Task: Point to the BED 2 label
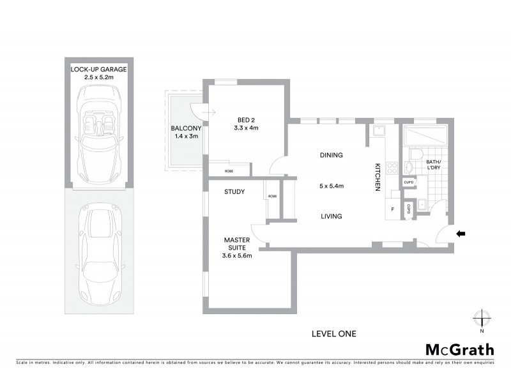(x=247, y=119)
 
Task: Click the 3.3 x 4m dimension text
(x=247, y=128)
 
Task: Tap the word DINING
(x=331, y=155)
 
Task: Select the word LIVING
(x=331, y=216)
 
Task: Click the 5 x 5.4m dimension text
(x=331, y=186)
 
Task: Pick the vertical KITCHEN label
(x=378, y=177)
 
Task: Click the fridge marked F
(x=392, y=209)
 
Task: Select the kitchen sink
(x=380, y=132)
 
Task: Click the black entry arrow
(x=461, y=234)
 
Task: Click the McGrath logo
(x=459, y=349)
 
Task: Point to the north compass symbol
(x=482, y=319)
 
